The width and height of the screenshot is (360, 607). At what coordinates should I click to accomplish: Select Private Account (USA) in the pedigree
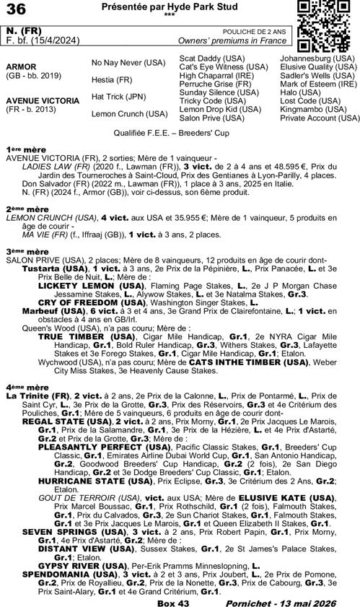click(320, 118)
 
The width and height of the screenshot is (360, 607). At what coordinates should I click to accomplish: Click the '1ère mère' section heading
click(22, 147)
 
